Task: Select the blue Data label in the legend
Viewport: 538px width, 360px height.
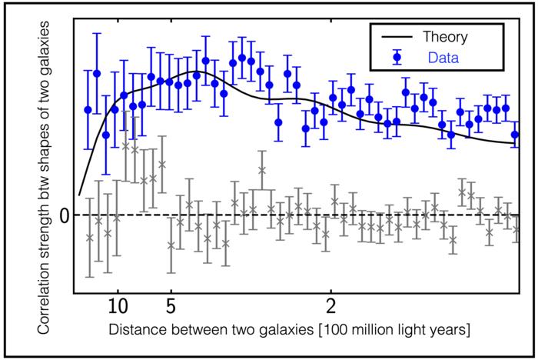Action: (438, 56)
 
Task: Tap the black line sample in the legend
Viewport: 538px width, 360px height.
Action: (392, 36)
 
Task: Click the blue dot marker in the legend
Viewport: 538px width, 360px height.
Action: (392, 56)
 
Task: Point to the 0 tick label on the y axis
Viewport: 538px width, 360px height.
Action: (65, 215)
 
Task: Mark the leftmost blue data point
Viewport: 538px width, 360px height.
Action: (88, 110)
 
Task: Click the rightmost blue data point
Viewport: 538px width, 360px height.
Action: (516, 134)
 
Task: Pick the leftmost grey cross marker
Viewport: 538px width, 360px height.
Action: (89, 237)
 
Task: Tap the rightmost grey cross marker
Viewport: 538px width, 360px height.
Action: (516, 228)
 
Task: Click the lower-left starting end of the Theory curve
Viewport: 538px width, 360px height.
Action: (79, 195)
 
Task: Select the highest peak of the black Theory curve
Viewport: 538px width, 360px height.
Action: (193, 73)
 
